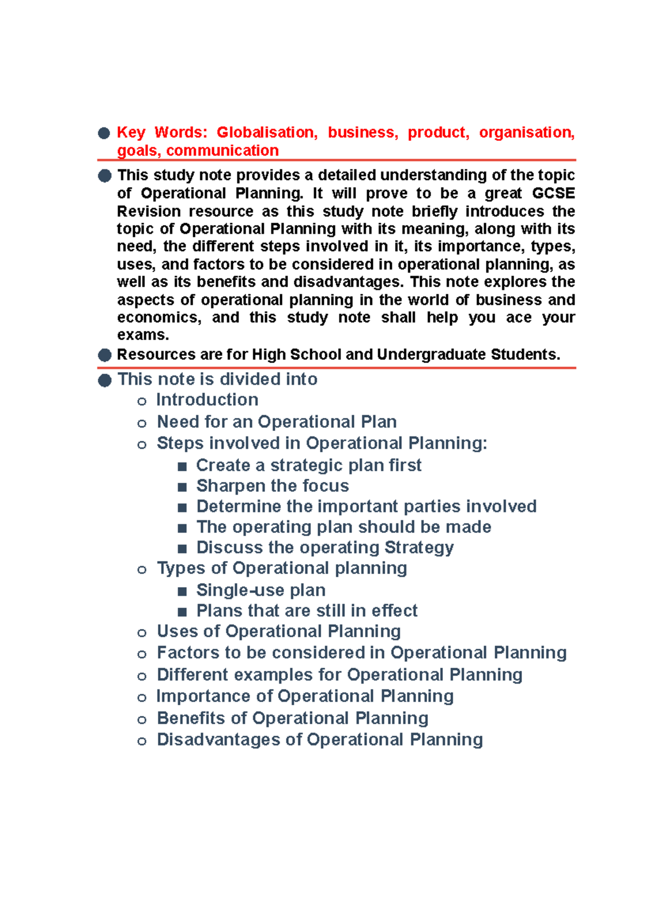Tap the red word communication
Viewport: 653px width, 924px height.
tap(222, 150)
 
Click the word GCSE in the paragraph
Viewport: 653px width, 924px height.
tap(553, 193)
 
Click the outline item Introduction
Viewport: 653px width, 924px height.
tap(207, 400)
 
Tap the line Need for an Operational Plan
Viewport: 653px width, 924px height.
tap(276, 422)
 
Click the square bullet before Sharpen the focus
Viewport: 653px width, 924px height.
tap(182, 486)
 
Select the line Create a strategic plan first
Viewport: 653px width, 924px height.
tap(309, 465)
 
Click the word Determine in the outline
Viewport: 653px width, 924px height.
tap(238, 507)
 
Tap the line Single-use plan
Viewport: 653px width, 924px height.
tap(261, 590)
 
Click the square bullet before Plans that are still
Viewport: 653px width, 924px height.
tap(182, 612)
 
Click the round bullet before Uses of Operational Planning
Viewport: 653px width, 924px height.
tap(142, 632)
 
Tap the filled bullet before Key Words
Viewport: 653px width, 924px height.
tap(104, 133)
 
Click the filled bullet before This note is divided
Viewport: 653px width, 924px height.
tap(104, 380)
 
